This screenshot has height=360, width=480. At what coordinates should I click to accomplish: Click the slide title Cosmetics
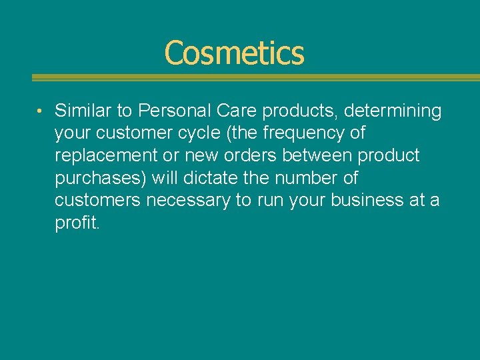point(234,53)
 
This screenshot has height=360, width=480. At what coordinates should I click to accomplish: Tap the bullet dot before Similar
point(41,110)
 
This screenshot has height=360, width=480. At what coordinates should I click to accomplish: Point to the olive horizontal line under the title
point(256,77)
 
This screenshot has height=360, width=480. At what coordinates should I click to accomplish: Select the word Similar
point(81,111)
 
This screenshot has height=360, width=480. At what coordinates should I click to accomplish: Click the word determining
point(393,111)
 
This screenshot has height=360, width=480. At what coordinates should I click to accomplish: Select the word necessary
point(188,200)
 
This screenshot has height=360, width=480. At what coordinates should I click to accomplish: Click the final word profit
point(77,223)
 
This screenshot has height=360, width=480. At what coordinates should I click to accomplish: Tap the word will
point(165,178)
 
